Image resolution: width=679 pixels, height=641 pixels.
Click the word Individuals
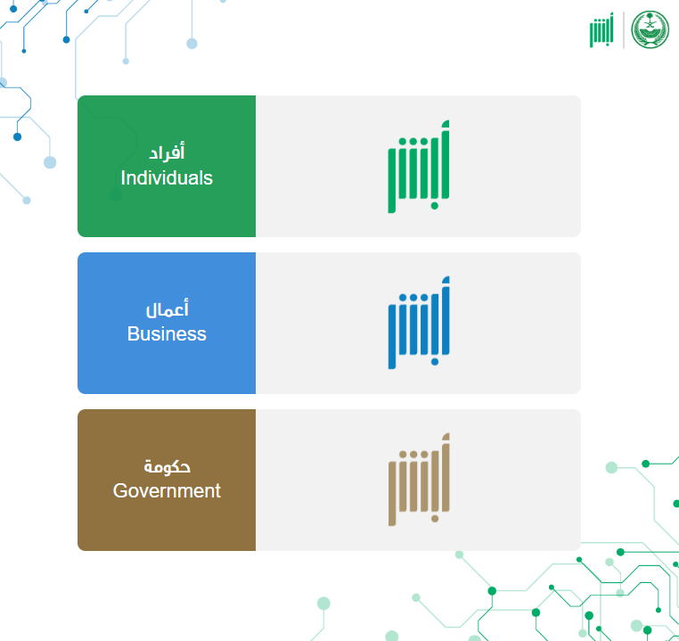pyautogui.click(x=167, y=178)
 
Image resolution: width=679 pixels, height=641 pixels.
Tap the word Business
pyautogui.click(x=167, y=334)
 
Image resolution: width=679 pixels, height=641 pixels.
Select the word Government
pyautogui.click(x=167, y=490)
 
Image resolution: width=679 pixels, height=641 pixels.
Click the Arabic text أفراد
pyautogui.click(x=167, y=152)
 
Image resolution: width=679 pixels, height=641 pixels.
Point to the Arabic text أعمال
pyautogui.click(x=168, y=308)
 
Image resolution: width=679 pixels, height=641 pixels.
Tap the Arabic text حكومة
pyautogui.click(x=168, y=466)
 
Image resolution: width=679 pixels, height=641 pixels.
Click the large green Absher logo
pyautogui.click(x=419, y=167)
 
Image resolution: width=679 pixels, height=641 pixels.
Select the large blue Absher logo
pyautogui.click(x=419, y=323)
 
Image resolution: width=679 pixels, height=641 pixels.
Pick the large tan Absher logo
pyautogui.click(x=419, y=480)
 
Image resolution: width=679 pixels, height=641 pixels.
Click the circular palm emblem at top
pyautogui.click(x=650, y=29)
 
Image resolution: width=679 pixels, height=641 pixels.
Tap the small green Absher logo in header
pyautogui.click(x=601, y=29)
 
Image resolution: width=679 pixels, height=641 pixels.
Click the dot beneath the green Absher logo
pyautogui.click(x=434, y=206)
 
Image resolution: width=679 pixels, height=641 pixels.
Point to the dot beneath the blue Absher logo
pyautogui.click(x=434, y=362)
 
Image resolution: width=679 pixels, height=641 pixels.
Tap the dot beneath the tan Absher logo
pyautogui.click(x=435, y=519)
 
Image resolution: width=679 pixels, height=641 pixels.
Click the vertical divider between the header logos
pyautogui.click(x=624, y=30)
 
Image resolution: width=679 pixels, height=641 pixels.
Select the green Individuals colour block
pyautogui.click(x=167, y=167)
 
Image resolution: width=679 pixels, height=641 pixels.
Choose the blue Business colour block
pyautogui.click(x=167, y=323)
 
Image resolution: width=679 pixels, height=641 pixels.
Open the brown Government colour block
pyautogui.click(x=167, y=480)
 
